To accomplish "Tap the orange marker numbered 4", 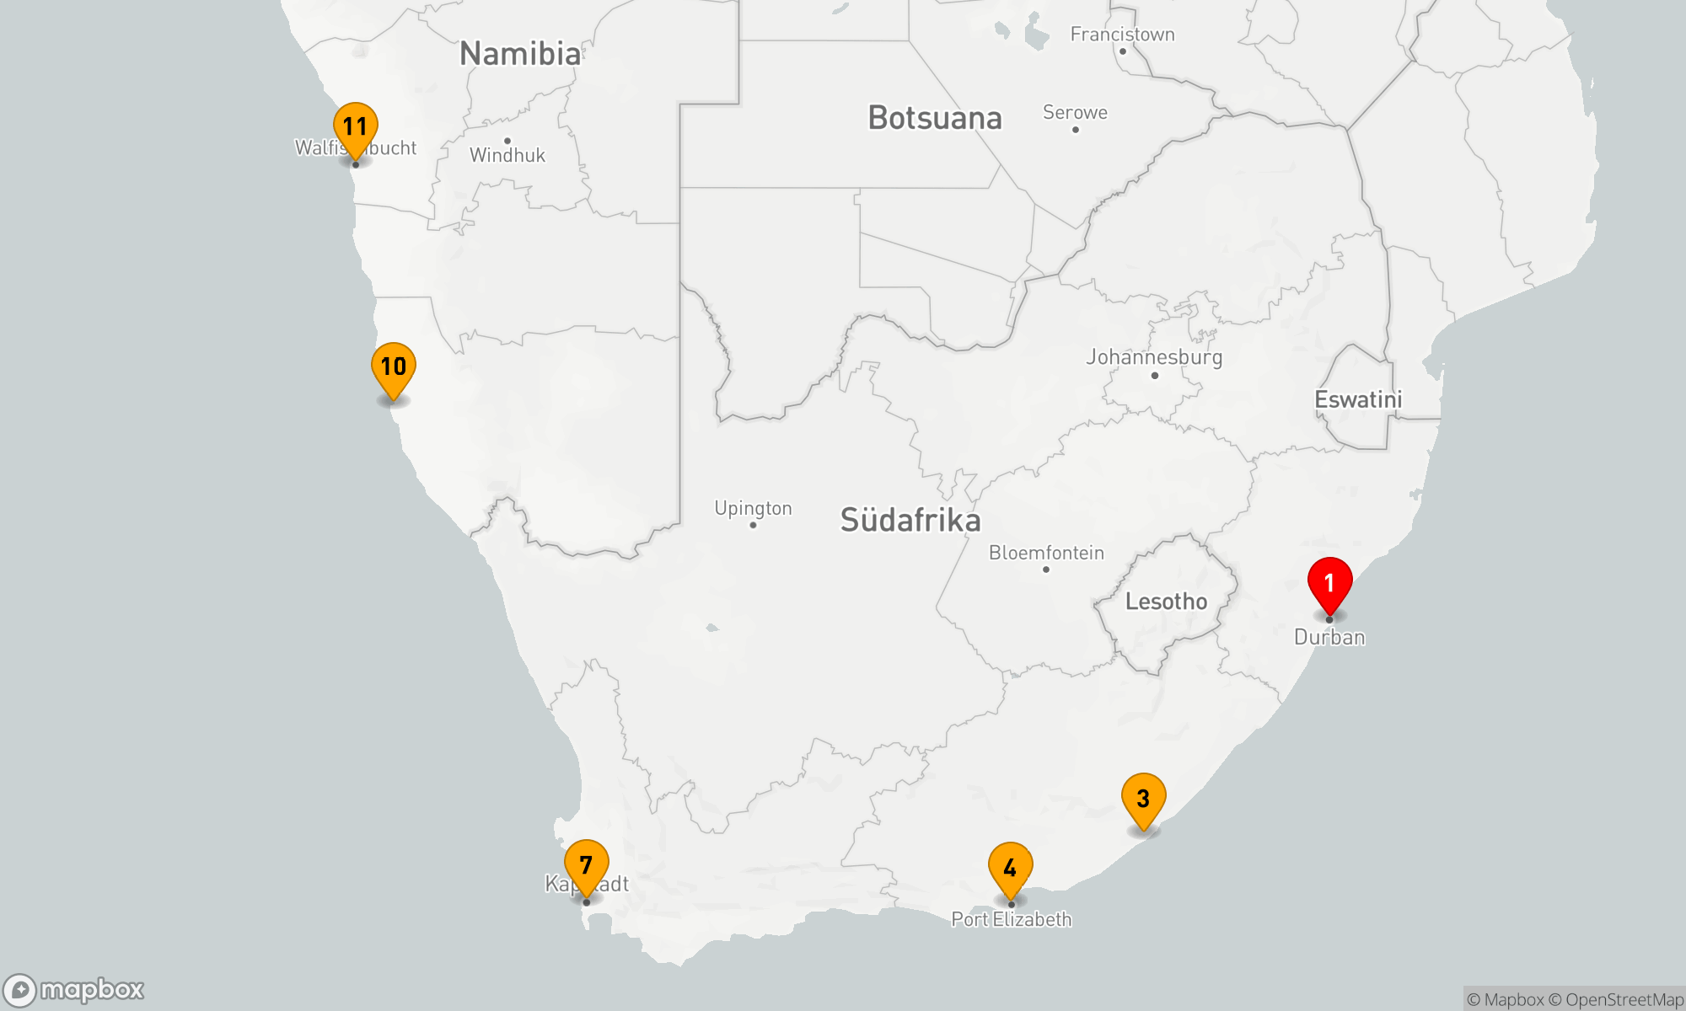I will pyautogui.click(x=1010, y=868).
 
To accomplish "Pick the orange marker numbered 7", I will pyautogui.click(x=586, y=865).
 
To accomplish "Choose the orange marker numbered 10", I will pyautogui.click(x=393, y=367).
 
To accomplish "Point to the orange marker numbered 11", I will pyautogui.click(x=355, y=127).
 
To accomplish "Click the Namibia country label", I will pyautogui.click(x=520, y=54).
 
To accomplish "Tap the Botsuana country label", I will pyautogui.click(x=935, y=118).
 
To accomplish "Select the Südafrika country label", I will pyautogui.click(x=910, y=520).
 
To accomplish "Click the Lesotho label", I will pyautogui.click(x=1166, y=602).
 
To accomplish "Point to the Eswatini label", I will pyautogui.click(x=1358, y=399).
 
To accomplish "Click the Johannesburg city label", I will pyautogui.click(x=1153, y=357).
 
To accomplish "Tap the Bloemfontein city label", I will pyautogui.click(x=1046, y=553).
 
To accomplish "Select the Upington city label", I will pyautogui.click(x=753, y=508).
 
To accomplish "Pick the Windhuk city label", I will pyautogui.click(x=507, y=155).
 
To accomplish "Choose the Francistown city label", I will pyautogui.click(x=1122, y=35).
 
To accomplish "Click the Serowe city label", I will pyautogui.click(x=1075, y=112).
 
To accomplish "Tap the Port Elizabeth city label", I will pyautogui.click(x=1012, y=919).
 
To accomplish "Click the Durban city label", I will pyautogui.click(x=1329, y=637).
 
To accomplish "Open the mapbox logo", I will pyautogui.click(x=74, y=989).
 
